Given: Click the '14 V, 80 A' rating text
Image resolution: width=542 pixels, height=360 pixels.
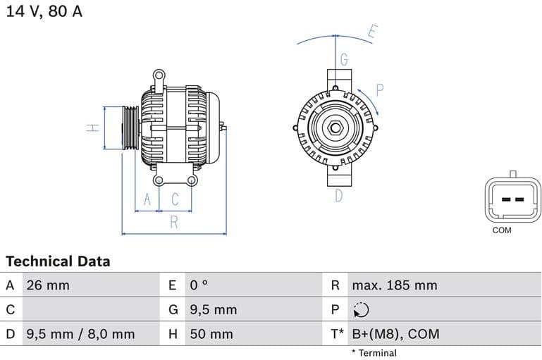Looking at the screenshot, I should (44, 12).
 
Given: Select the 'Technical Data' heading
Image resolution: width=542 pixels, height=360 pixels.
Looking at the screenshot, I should (58, 261).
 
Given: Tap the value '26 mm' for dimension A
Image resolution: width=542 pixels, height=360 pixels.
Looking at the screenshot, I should (47, 285).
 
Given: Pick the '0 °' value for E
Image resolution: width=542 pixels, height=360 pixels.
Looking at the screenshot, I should (199, 285).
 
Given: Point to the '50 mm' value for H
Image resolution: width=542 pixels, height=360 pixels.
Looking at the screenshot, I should (211, 334).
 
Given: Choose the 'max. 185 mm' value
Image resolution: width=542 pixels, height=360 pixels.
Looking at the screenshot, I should (394, 285).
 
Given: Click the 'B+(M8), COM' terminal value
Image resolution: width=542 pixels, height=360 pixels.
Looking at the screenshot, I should (395, 334).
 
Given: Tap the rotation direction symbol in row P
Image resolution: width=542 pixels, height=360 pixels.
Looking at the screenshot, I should (360, 310).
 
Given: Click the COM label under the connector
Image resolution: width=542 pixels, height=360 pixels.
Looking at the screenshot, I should (502, 230).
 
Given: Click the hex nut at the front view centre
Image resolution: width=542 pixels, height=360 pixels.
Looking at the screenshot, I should (336, 129).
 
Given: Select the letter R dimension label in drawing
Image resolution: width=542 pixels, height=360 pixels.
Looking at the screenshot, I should (174, 223).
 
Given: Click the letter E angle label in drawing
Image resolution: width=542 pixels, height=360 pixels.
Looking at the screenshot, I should (373, 32).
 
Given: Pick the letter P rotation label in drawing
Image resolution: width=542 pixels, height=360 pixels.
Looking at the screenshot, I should (379, 89).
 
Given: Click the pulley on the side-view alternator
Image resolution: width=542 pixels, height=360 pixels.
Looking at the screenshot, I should (130, 128).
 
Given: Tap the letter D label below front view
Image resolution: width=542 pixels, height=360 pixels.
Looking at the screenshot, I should (338, 195).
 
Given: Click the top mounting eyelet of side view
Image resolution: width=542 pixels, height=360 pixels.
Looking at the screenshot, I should (159, 74).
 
